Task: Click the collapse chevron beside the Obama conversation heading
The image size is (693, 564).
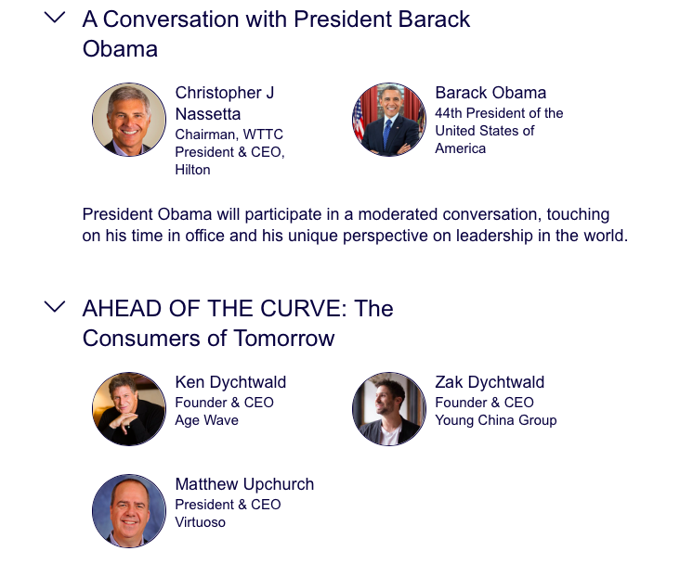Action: click(x=55, y=18)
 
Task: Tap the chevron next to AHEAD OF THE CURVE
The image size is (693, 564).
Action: click(x=55, y=307)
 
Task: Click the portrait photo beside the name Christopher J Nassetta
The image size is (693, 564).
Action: click(x=129, y=120)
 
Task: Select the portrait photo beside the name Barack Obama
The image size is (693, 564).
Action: click(x=389, y=120)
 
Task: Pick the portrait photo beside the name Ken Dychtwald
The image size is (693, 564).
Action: click(x=129, y=409)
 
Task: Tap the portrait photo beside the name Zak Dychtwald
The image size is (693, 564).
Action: click(x=389, y=409)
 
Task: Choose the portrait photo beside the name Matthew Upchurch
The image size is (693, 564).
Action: click(x=129, y=511)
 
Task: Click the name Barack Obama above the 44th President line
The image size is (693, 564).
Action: click(x=490, y=93)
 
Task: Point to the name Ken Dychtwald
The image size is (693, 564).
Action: click(x=230, y=382)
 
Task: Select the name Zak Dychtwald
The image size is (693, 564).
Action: click(x=490, y=382)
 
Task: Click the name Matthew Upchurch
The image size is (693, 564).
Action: click(x=244, y=484)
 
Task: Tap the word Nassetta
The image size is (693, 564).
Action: click(x=208, y=114)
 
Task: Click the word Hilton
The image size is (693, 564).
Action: click(x=192, y=170)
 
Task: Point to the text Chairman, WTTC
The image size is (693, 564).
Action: click(x=229, y=135)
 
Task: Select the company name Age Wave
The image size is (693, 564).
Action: click(x=207, y=420)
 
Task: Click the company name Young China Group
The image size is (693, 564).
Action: click(x=496, y=420)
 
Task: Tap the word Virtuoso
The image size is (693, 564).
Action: click(x=201, y=522)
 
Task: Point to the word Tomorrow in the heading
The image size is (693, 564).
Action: click(x=283, y=339)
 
